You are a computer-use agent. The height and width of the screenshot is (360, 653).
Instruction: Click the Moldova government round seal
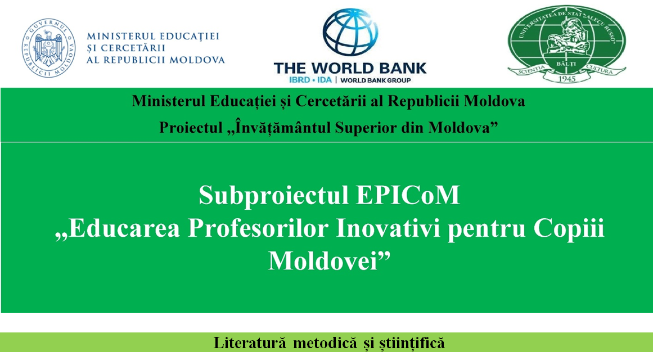[x=48, y=48]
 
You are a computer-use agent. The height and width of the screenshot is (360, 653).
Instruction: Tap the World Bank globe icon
[x=350, y=33]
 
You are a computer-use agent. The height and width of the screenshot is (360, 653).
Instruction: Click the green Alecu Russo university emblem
[x=566, y=44]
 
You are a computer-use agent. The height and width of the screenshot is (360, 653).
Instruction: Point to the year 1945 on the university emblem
[x=566, y=78]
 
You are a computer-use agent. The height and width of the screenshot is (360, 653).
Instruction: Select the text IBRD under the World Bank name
[x=299, y=79]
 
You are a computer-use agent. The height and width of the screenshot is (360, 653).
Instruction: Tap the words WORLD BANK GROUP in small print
[x=376, y=80]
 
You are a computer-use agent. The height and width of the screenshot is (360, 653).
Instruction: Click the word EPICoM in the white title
[x=408, y=195]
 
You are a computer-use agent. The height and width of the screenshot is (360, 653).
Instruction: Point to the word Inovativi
[x=388, y=228]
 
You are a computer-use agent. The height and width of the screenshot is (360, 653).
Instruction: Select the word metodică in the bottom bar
[x=325, y=343]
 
